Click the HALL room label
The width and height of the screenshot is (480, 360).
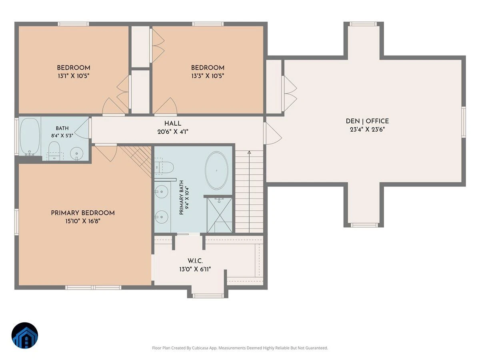[x=172, y=124]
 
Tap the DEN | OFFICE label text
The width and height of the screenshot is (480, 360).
[x=367, y=121]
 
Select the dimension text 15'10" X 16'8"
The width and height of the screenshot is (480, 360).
[x=83, y=221]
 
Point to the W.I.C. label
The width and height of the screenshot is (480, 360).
[x=195, y=261]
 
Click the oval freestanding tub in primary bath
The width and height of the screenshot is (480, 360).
[x=216, y=170]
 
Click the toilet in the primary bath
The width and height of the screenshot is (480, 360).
[x=164, y=167]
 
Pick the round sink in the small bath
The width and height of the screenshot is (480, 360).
[x=76, y=153]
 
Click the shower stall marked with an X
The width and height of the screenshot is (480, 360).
[x=219, y=215]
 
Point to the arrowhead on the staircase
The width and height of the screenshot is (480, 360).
[x=249, y=152]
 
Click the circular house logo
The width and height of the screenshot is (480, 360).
[x=25, y=335]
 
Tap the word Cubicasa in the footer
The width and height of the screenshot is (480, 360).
[x=200, y=348]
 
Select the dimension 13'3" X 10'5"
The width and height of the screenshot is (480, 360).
[x=208, y=76]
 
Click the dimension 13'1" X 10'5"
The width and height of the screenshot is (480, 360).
[x=74, y=76]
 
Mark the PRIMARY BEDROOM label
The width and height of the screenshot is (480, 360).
[x=83, y=213]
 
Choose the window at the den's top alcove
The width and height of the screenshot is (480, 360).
[x=363, y=24]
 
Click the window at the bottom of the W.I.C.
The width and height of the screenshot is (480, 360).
[x=208, y=296]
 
